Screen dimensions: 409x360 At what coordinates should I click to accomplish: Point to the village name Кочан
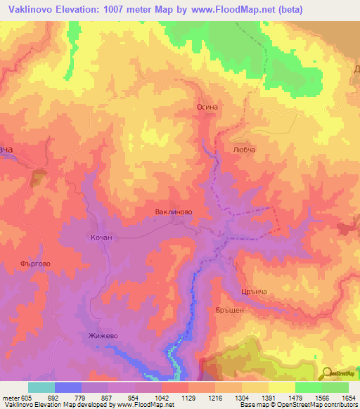pos(101,238)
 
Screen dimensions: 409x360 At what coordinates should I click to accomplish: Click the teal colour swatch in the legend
pos(41,387)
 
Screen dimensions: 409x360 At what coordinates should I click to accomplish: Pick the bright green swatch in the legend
pos(308,387)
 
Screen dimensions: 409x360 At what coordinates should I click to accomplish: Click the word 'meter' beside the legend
pos(8,396)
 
